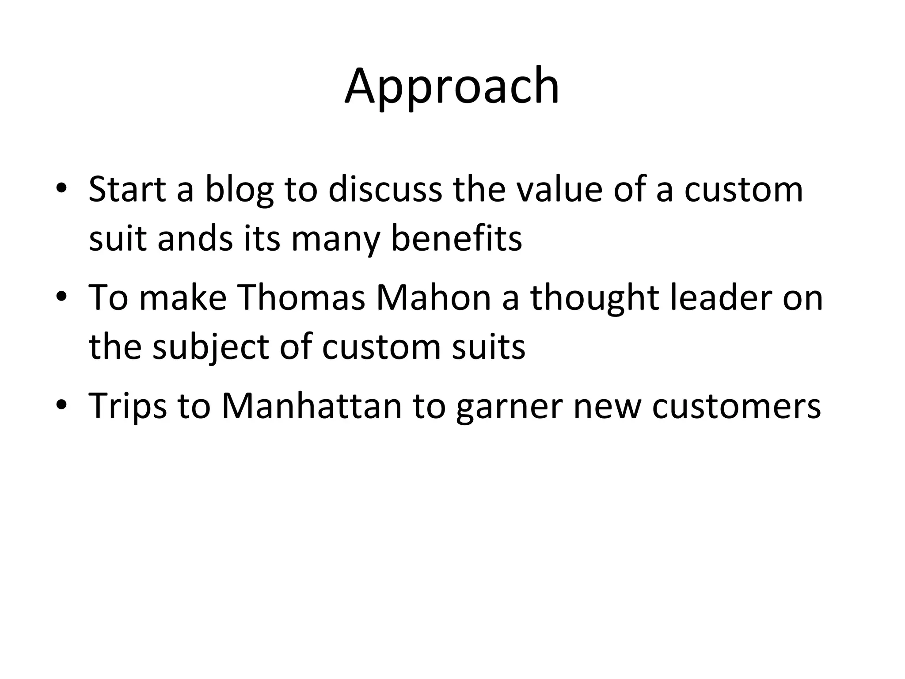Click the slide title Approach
pos(452,86)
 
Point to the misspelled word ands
pos(195,239)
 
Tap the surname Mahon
pos(433,298)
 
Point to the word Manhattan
pos(312,405)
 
